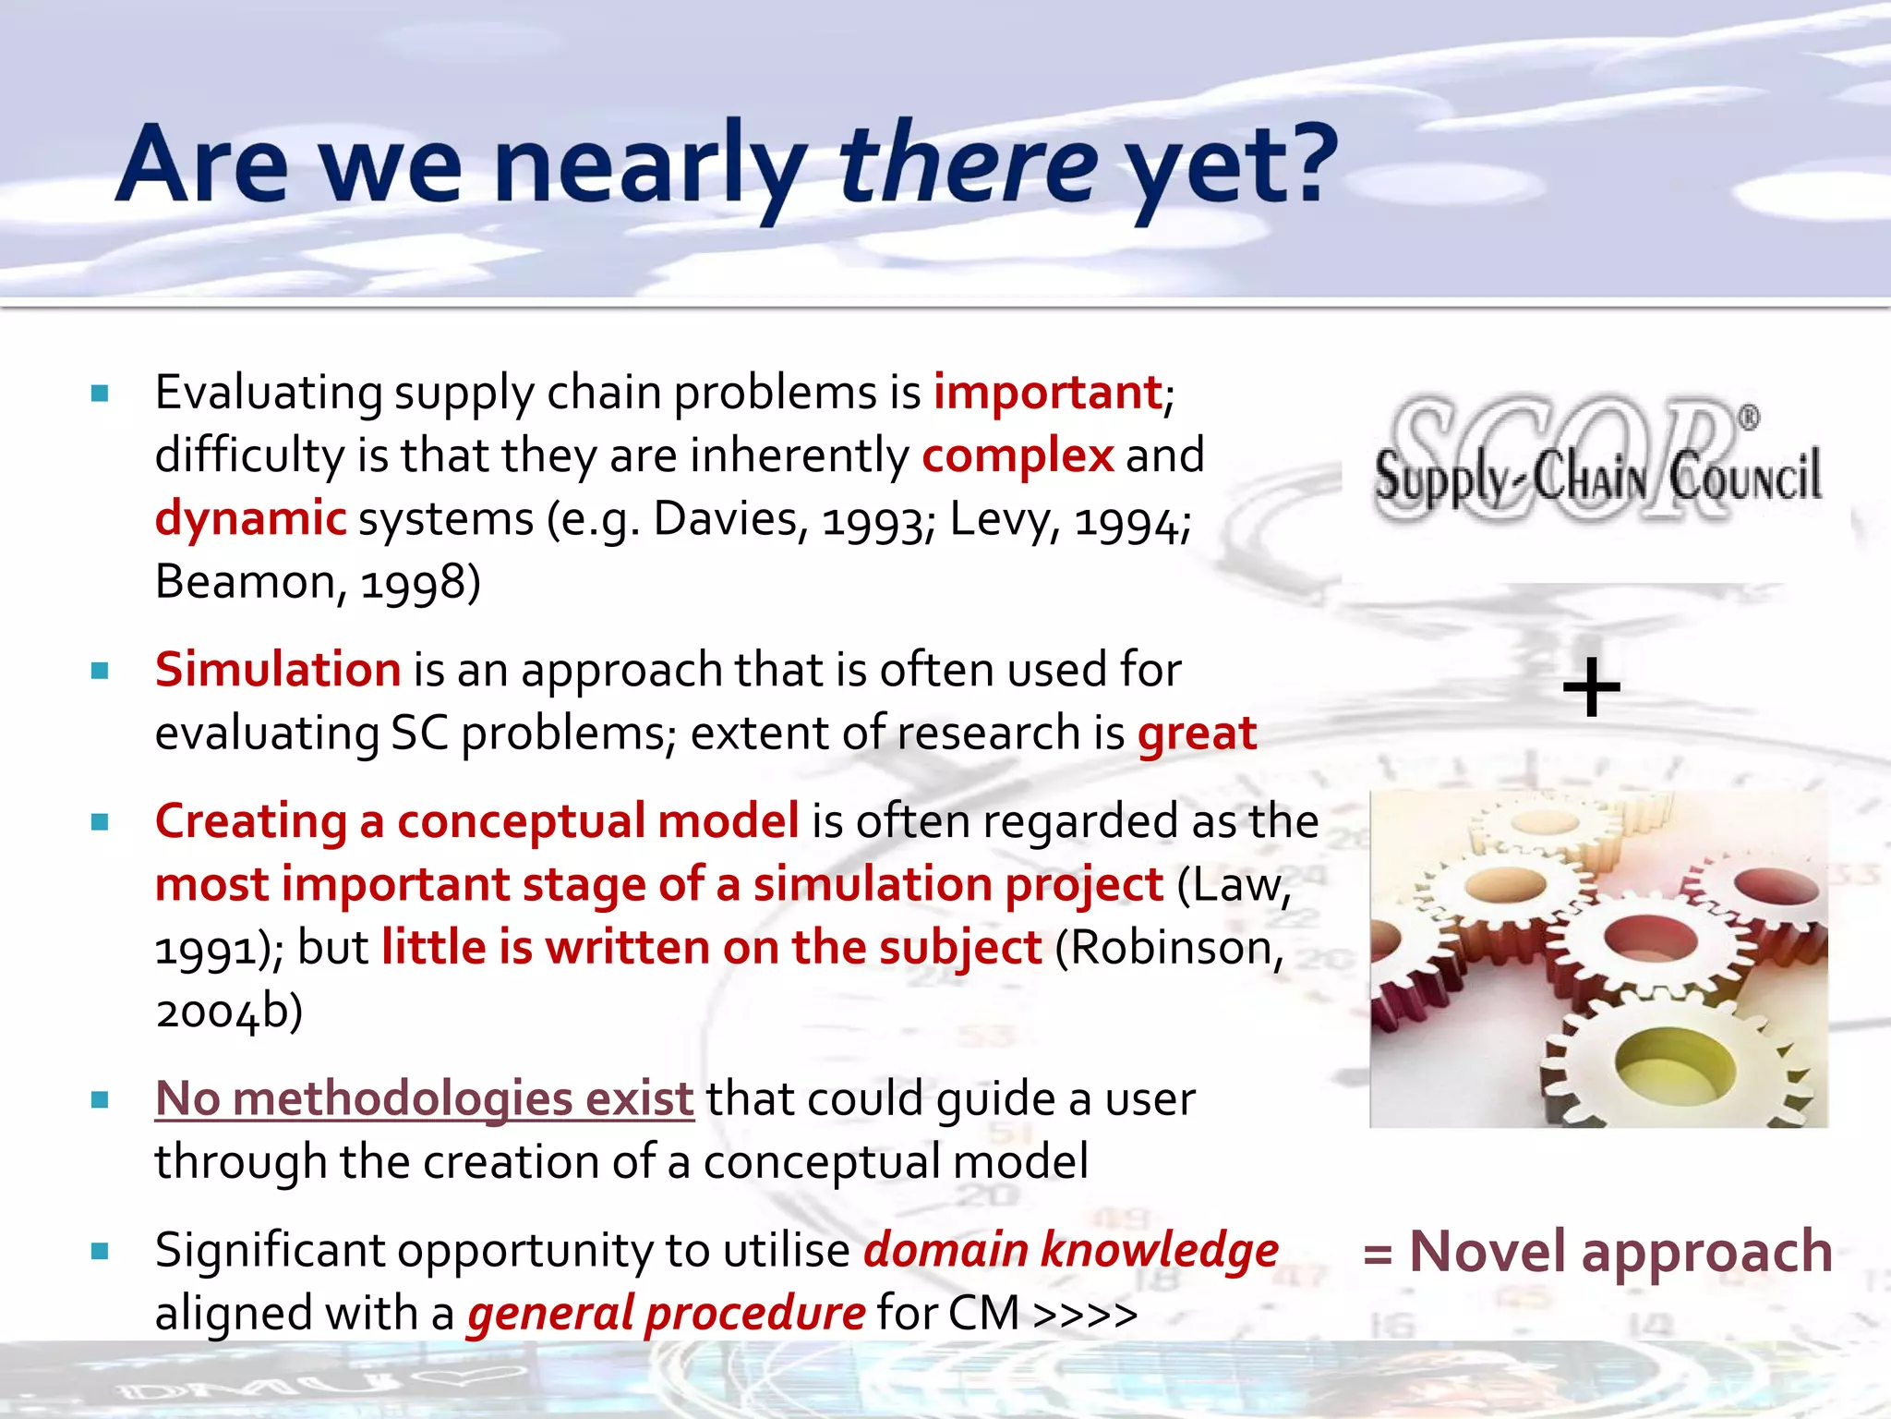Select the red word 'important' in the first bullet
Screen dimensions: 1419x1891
(x=1047, y=392)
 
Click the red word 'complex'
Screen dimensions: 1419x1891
(x=1018, y=455)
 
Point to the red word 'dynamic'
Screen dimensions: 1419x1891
(x=250, y=518)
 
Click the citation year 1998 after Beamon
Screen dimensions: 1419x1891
(x=414, y=583)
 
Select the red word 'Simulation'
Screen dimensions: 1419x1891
(x=277, y=669)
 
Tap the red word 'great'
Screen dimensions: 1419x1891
(x=1197, y=734)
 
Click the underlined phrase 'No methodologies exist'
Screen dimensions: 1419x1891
(x=424, y=1098)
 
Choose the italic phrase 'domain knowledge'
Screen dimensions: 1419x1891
(x=1070, y=1250)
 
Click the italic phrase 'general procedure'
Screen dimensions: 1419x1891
(x=666, y=1313)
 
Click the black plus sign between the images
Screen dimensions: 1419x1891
(x=1591, y=688)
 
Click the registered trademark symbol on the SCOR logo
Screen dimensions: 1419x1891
(x=1749, y=418)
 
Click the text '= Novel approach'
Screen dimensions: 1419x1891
(x=1597, y=1252)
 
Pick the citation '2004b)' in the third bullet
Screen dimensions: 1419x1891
(x=228, y=1011)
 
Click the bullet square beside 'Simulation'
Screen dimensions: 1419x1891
(x=101, y=671)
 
